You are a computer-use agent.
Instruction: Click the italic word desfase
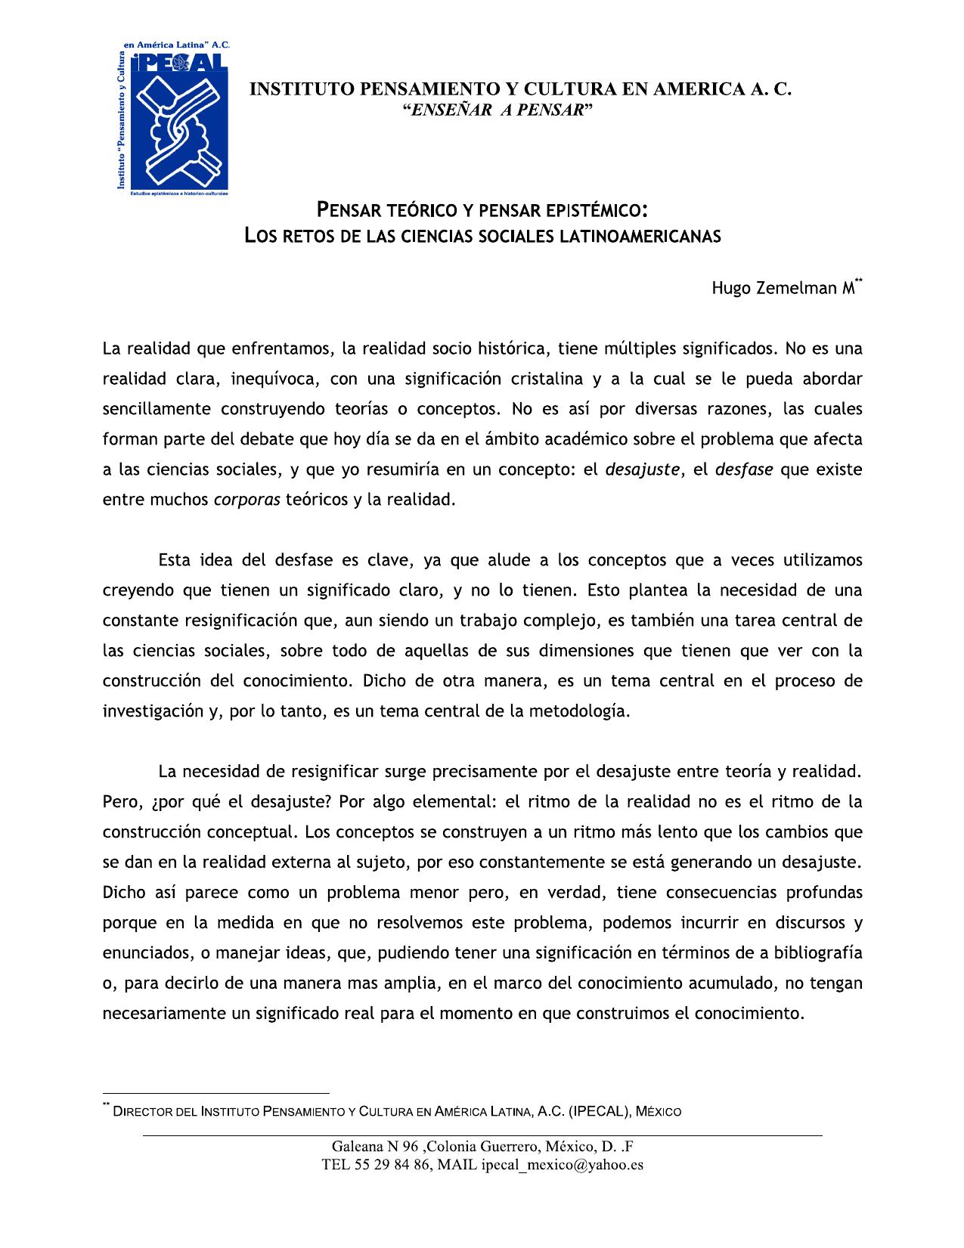[744, 469]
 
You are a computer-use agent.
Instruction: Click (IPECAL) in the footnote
[598, 1111]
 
